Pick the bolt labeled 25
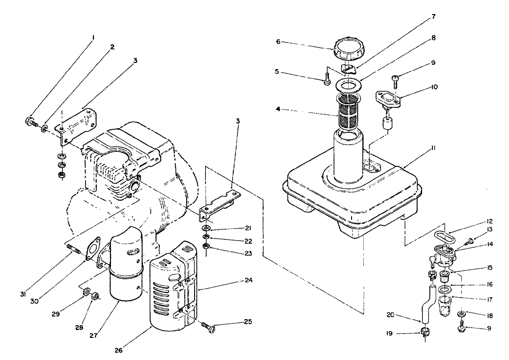pyautogui.click(x=208, y=326)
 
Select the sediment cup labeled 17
pyautogui.click(x=444, y=305)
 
